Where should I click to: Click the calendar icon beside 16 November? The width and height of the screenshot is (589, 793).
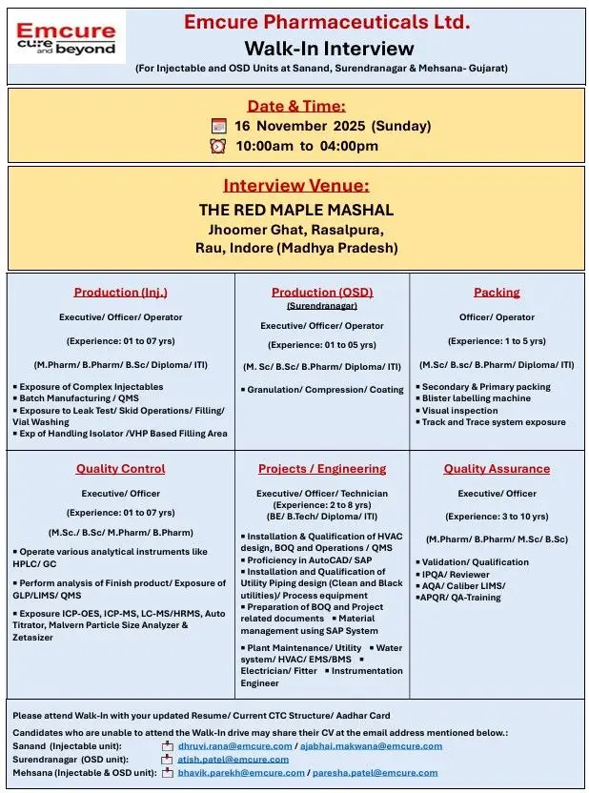pos(218,126)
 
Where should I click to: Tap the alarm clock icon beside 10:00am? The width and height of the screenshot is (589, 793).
pos(218,146)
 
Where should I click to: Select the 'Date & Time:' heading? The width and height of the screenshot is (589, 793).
pos(296,106)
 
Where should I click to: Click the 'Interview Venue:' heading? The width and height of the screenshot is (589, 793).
pos(295,186)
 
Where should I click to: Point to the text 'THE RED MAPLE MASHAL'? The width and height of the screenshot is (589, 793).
pos(295,210)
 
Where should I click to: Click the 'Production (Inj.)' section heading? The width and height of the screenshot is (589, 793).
pos(121,293)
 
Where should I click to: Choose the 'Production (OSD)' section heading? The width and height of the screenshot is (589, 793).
pos(322,293)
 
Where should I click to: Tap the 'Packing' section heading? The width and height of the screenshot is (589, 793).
pos(497,293)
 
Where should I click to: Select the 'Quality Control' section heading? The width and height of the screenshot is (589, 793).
pos(121,469)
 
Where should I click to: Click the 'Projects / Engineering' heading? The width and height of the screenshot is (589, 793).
pos(322,469)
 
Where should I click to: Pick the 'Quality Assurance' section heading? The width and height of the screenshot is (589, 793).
pos(497,469)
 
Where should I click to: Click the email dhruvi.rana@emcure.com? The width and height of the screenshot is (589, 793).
pos(235,746)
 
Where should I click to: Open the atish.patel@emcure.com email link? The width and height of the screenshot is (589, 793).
pos(234,760)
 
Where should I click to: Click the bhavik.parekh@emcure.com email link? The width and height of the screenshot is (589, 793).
pos(242,773)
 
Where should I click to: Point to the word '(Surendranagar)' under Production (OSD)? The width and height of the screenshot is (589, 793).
pos(322,306)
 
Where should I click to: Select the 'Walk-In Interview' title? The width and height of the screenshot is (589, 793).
pos(329,48)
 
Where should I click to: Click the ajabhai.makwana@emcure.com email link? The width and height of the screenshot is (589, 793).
pos(372,746)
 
